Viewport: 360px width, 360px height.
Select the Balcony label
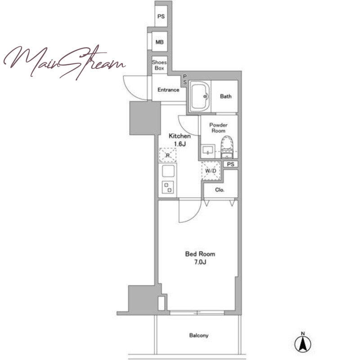[199, 335]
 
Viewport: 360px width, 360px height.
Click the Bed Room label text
[200, 254]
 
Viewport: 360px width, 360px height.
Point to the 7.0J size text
[200, 262]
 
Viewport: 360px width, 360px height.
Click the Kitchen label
[180, 136]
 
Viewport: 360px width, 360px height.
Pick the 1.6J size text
[180, 144]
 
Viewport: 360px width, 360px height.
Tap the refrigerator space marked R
[168, 155]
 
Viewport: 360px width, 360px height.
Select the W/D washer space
[211, 171]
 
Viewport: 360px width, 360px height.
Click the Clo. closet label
[220, 190]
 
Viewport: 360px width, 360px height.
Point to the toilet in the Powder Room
[227, 147]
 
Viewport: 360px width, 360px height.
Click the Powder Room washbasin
[208, 151]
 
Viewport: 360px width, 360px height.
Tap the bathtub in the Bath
[200, 96]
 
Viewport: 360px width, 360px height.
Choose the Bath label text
[226, 96]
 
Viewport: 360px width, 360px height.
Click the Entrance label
[168, 90]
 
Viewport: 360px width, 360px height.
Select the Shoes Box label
[159, 65]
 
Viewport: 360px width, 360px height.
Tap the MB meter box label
[160, 42]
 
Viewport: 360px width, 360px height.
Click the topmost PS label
[161, 16]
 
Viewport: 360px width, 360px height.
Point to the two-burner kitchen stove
[167, 187]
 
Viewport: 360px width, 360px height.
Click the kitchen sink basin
[168, 171]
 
